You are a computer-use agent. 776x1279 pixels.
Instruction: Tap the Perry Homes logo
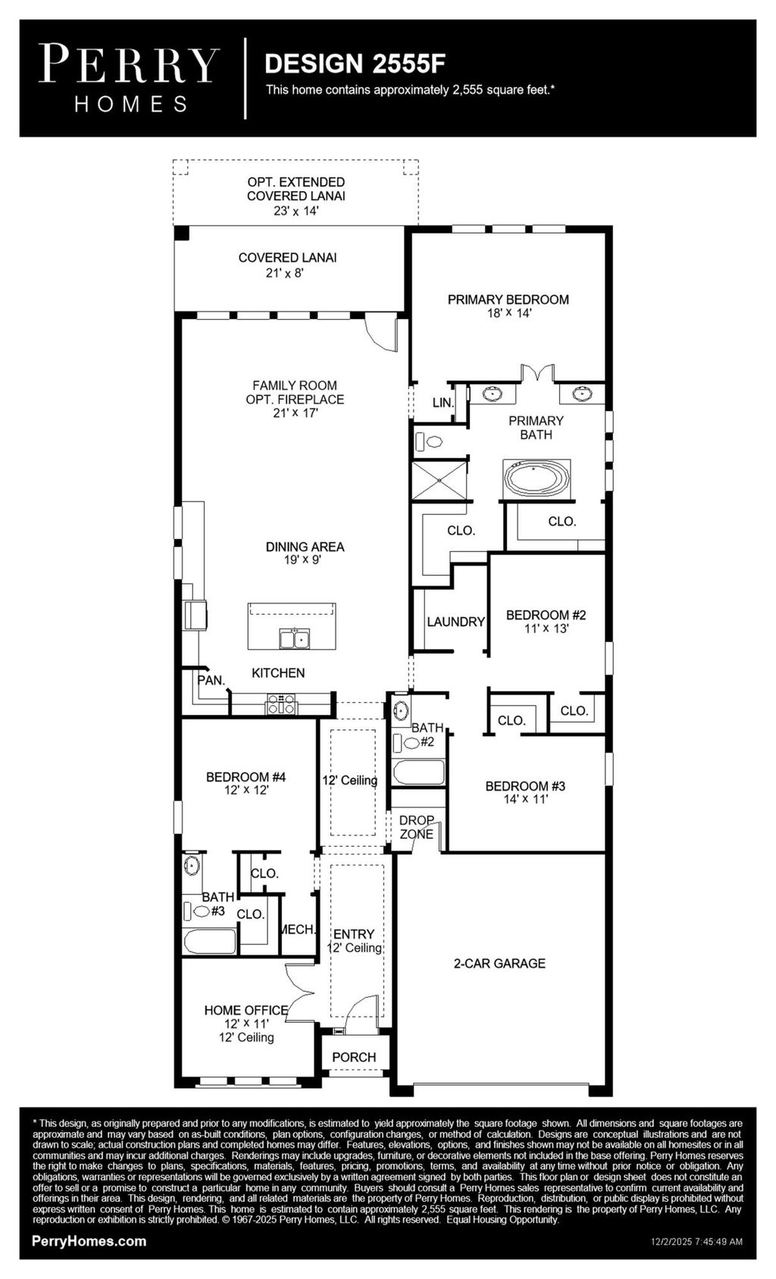point(130,77)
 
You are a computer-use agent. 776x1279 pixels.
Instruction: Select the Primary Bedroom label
point(508,299)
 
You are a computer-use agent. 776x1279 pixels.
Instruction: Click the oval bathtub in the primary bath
point(536,479)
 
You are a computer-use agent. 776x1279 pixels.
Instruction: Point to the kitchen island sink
point(293,639)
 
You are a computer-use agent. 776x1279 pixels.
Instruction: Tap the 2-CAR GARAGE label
point(499,963)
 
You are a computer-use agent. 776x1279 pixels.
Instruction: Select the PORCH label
point(354,1057)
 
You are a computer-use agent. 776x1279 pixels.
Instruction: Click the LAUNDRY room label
point(455,622)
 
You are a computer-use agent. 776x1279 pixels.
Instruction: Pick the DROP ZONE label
point(416,827)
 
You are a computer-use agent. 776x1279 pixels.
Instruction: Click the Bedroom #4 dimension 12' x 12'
point(246,789)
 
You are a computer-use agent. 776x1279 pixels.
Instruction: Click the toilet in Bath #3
point(199,911)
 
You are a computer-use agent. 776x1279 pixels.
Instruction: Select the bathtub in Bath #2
point(418,773)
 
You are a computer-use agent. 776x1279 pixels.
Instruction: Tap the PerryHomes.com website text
point(89,1241)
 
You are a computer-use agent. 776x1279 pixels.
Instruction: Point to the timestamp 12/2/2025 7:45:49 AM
point(696,1242)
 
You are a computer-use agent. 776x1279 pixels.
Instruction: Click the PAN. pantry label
point(211,680)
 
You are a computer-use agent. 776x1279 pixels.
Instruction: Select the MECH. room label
point(296,929)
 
